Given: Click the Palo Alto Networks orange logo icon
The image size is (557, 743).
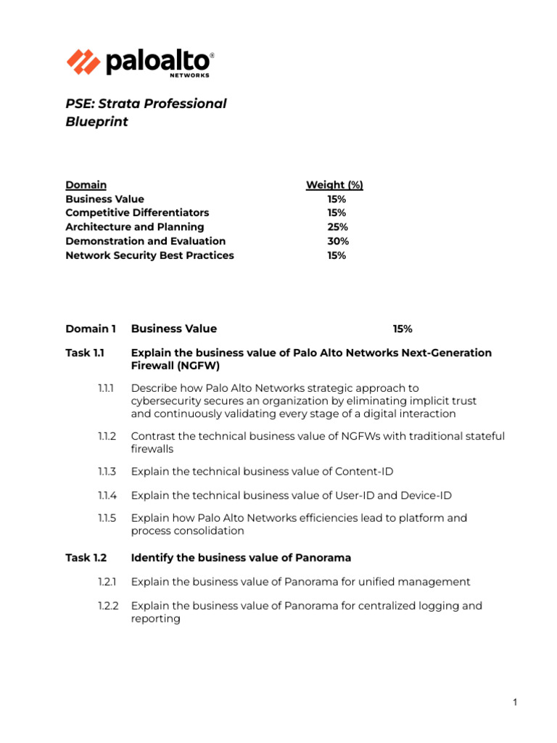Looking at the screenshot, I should [83, 62].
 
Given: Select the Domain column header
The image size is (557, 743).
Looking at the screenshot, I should [86, 185].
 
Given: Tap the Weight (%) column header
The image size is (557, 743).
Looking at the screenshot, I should [334, 185].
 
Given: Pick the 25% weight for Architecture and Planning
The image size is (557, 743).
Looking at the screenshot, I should [337, 227].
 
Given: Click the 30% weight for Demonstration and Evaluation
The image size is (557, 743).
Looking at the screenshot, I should [337, 241].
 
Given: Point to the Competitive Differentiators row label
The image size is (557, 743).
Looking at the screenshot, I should [137, 213].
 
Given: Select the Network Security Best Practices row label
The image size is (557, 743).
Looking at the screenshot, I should [149, 255].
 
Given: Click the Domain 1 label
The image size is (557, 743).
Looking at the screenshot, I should [91, 329].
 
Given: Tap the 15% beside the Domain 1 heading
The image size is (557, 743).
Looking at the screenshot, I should [403, 329].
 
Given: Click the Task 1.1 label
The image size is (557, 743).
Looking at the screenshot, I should [86, 353].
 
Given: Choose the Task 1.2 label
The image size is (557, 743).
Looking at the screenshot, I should [86, 558].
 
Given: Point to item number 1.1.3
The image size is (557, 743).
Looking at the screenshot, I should [107, 472].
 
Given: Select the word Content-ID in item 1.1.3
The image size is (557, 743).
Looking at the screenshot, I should [364, 472].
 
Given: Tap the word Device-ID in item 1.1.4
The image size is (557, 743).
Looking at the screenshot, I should [424, 495].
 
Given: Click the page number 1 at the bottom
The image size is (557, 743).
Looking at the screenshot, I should [514, 702].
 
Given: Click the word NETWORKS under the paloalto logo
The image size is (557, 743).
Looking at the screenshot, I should [191, 75].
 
